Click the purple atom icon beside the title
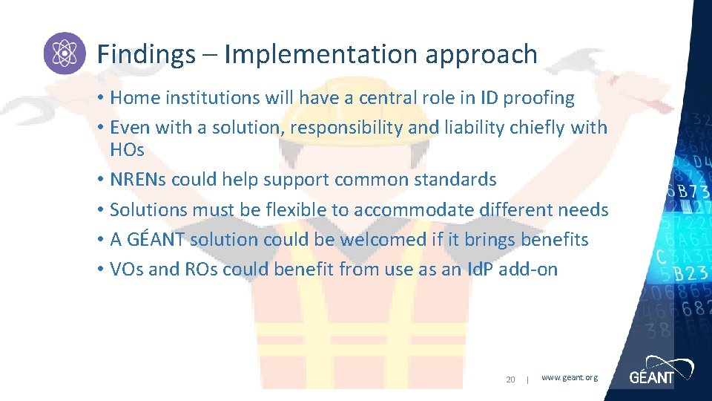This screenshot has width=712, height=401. point(65,53)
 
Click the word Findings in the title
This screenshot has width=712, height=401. point(145,54)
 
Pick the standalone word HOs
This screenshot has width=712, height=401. point(127,149)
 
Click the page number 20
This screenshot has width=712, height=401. point(510,379)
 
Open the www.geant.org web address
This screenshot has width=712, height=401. point(569,378)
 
